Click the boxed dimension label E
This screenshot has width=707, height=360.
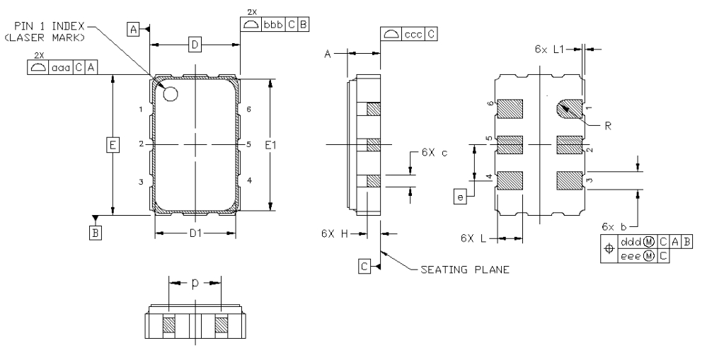click(x=112, y=145)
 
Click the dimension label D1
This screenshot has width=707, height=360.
click(x=195, y=233)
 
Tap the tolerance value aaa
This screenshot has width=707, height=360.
click(x=61, y=66)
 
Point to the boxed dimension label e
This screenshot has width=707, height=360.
click(x=461, y=197)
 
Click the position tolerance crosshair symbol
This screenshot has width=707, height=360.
click(x=608, y=250)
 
